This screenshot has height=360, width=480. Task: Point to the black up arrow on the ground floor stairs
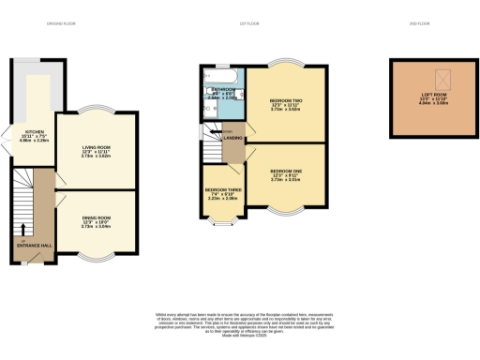coord(23,226)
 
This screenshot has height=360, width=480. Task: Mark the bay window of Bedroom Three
coord(223,223)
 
